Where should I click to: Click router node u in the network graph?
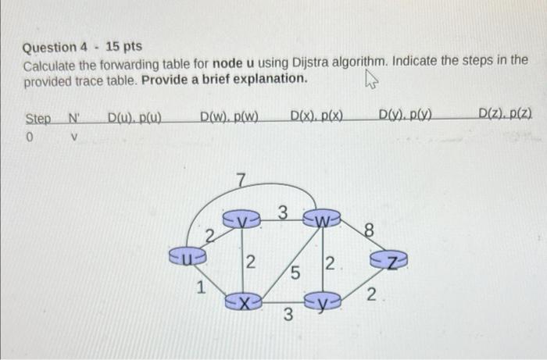(188, 254)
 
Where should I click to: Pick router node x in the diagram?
(243, 299)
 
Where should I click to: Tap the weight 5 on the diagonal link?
(295, 275)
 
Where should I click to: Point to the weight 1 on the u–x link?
(202, 287)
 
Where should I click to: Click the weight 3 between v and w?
(283, 211)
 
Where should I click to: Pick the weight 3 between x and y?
(288, 315)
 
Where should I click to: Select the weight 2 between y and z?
(371, 295)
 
